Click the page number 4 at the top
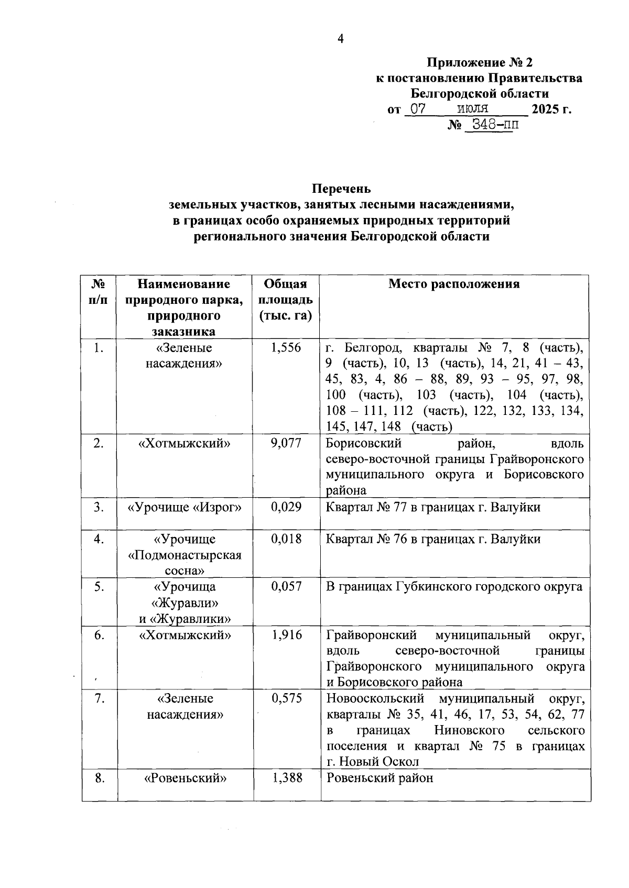(x=340, y=39)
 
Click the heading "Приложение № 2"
(x=480, y=63)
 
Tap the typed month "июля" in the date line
(x=472, y=109)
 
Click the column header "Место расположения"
(x=454, y=284)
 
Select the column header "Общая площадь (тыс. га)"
(x=286, y=300)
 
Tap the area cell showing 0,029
(x=286, y=507)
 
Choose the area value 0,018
(x=286, y=539)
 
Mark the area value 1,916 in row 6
(x=286, y=635)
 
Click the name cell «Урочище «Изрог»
(x=185, y=507)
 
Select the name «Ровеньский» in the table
(x=185, y=778)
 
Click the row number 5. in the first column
(x=99, y=587)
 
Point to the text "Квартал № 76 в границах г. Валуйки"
(x=433, y=539)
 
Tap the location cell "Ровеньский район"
(x=379, y=778)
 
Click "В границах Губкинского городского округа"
(x=454, y=587)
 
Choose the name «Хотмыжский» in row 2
(x=185, y=443)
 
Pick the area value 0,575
(x=286, y=698)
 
